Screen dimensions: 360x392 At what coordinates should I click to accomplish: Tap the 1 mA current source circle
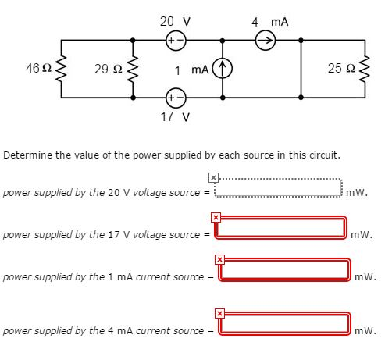225,70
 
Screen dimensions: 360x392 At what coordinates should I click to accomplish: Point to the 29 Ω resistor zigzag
133,70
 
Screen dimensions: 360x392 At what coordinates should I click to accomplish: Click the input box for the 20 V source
279,189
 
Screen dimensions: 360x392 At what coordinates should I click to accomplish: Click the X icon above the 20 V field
212,177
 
